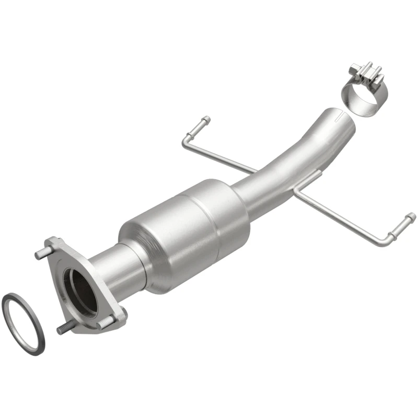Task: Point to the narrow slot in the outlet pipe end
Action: coord(339,111)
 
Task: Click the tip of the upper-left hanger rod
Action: coord(206,120)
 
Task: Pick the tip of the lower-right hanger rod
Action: coord(411,216)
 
